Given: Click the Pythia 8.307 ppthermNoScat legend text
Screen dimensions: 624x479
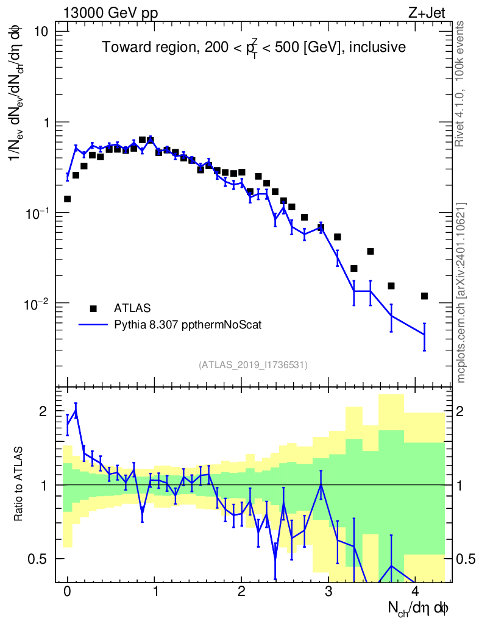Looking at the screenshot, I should (x=188, y=325).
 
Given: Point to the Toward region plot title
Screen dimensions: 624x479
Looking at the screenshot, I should (x=254, y=48).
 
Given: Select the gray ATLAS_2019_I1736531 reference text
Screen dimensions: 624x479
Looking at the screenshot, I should (x=253, y=364).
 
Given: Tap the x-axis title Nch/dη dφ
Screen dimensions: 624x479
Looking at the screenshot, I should (x=419, y=608).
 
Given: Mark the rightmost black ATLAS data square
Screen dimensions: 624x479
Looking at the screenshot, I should (x=424, y=296).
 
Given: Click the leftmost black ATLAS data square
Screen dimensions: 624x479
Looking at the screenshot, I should (x=68, y=199).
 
